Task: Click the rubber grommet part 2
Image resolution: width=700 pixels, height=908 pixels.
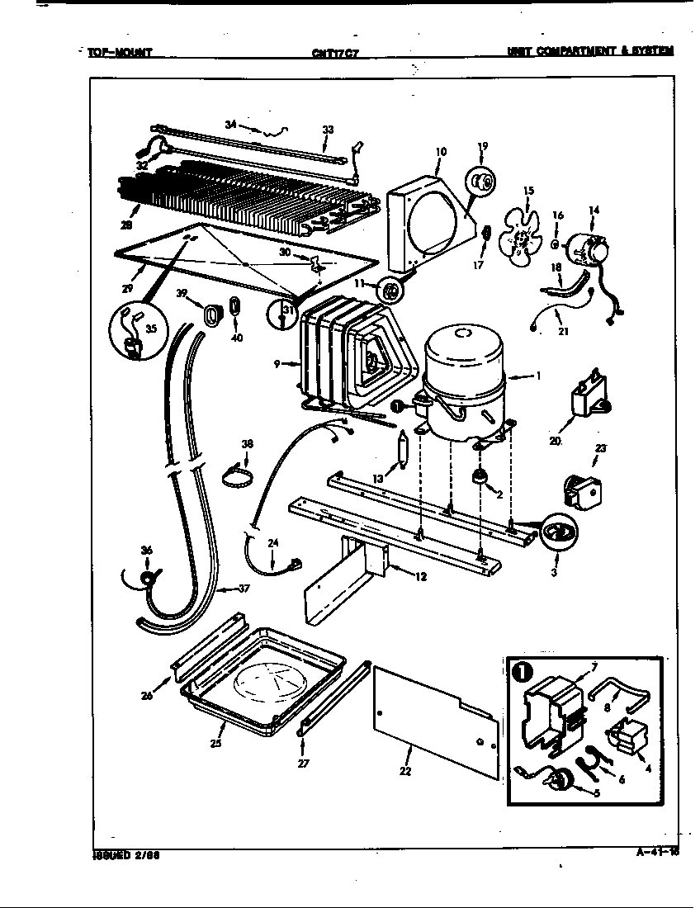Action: coord(479,478)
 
